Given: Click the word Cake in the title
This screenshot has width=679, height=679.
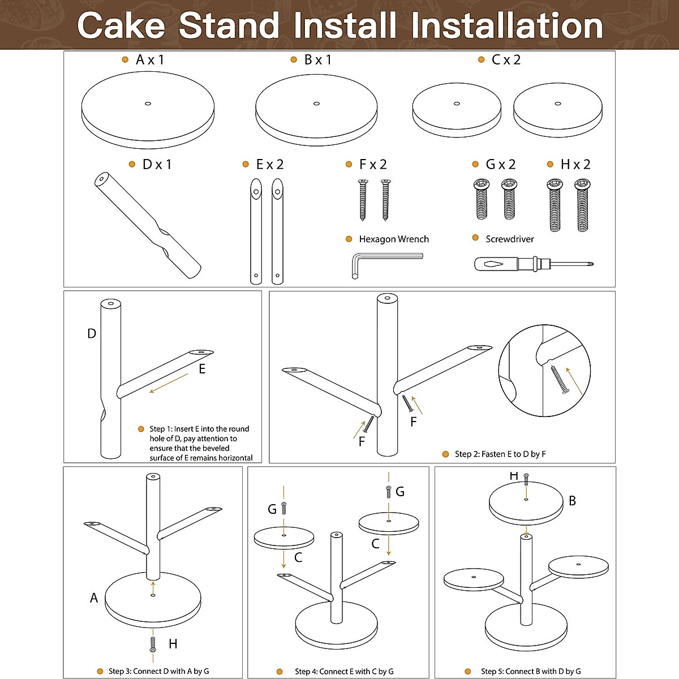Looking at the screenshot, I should click(121, 26).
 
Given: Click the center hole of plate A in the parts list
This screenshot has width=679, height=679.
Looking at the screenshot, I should click(148, 104).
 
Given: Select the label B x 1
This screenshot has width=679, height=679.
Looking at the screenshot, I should click(317, 59).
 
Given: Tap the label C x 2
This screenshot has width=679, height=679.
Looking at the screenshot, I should click(506, 59).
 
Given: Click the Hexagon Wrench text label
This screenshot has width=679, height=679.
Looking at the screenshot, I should click(394, 239).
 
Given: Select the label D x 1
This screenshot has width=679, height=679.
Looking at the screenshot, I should click(157, 165).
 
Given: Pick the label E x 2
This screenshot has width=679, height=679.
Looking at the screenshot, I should click(270, 165).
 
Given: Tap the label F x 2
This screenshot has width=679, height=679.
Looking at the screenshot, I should click(373, 165).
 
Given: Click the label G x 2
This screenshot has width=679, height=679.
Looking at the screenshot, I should click(501, 165).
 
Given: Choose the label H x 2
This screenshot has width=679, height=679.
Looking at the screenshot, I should click(575, 165).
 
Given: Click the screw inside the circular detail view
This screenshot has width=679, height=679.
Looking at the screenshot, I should click(559, 379).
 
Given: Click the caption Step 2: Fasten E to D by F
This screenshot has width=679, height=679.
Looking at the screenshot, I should click(500, 454).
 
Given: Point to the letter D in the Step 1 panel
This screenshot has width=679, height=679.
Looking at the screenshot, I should click(92, 334).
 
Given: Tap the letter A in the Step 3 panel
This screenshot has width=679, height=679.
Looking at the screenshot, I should click(94, 598).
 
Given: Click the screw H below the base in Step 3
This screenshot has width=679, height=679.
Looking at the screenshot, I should click(153, 644).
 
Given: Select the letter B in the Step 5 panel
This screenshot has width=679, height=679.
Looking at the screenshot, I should click(572, 501).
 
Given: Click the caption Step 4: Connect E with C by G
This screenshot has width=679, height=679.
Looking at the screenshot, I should click(344, 672).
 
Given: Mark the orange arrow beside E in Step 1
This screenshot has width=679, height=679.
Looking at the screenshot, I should click(169, 383).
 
